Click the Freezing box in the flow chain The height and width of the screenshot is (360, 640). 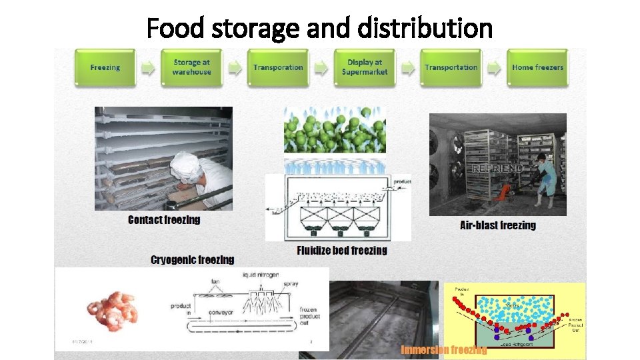105,67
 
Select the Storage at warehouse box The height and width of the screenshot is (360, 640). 191,67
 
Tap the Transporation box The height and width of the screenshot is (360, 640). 278,67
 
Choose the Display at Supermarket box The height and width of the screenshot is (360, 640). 365,67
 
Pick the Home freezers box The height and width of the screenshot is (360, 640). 537,67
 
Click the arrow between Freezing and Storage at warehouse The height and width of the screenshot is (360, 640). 148,67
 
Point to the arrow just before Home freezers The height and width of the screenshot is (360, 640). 494,67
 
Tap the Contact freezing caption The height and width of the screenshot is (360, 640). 164,220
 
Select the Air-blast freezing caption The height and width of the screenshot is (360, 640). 498,225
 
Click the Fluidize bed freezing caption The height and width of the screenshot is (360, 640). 342,251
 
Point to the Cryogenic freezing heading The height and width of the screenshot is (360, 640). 193,260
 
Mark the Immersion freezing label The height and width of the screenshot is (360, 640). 443,350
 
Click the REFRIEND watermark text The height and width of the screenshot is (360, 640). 497,169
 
